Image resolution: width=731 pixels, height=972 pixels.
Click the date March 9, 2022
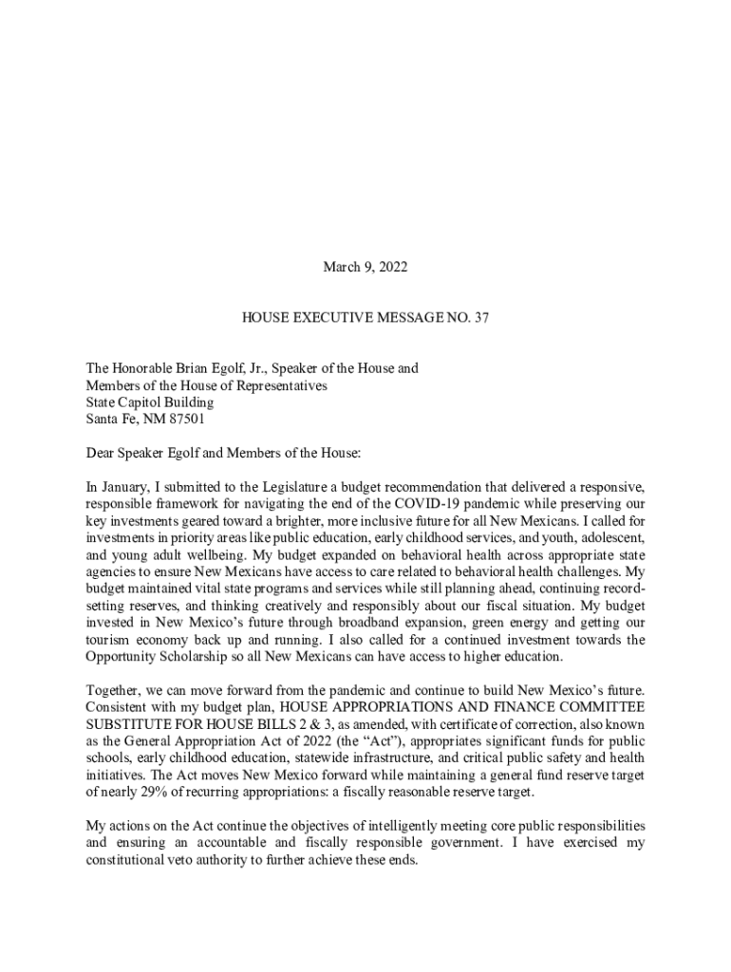[x=365, y=268]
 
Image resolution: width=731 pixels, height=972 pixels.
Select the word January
[x=126, y=487]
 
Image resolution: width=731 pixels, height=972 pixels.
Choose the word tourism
[x=107, y=640]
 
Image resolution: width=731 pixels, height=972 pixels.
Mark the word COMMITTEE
[x=598, y=707]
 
